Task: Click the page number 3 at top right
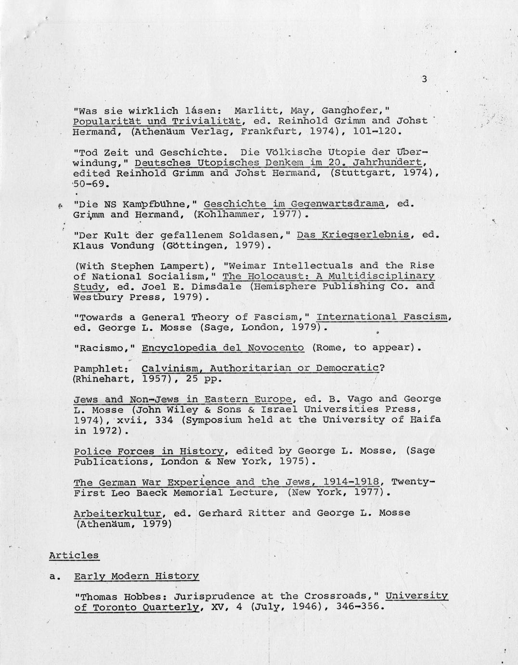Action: coord(424,80)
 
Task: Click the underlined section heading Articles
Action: coord(74,555)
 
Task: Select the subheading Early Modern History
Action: coord(136,576)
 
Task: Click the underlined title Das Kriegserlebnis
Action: coord(353,235)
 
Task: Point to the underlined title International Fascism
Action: coord(383,317)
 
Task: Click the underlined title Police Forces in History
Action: coord(149,452)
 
